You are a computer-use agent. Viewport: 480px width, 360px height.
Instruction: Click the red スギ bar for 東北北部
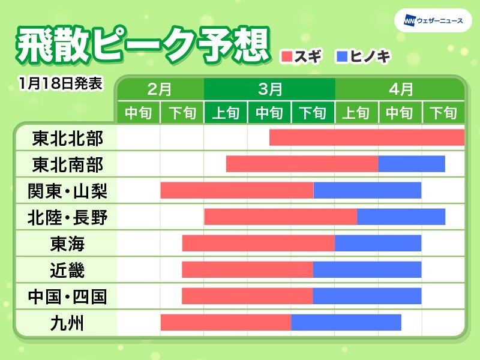(367, 137)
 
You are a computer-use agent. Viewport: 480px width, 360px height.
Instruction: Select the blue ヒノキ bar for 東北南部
(412, 164)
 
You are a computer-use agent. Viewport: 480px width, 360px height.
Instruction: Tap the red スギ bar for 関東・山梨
(237, 190)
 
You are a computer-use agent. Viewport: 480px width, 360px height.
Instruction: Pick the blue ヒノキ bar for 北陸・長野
(401, 217)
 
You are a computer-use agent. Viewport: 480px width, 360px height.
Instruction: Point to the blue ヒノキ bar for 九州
(346, 322)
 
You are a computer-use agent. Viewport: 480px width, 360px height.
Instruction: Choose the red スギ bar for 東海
(259, 243)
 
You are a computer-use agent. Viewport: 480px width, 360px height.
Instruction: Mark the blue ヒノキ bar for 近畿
(367, 269)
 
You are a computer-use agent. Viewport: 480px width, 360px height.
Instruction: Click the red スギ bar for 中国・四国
(247, 296)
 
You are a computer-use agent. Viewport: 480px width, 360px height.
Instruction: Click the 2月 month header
(160, 89)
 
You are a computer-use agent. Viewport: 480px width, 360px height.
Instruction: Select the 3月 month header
(269, 89)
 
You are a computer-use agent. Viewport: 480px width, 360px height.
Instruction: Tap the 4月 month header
(400, 89)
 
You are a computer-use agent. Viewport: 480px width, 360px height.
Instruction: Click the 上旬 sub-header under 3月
(226, 113)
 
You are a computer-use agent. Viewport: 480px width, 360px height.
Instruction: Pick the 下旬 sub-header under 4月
(443, 113)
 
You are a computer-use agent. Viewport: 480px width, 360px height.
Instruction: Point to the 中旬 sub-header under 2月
(139, 113)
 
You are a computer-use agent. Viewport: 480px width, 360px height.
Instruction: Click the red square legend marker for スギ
(287, 57)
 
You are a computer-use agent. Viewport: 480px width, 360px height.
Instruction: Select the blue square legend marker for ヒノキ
(342, 57)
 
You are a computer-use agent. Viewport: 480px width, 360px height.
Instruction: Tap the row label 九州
(67, 323)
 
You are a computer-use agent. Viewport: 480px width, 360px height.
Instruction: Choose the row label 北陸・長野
(67, 218)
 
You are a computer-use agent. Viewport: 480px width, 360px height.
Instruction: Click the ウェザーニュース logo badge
(433, 21)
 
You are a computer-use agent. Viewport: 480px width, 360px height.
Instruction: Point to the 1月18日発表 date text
(61, 83)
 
